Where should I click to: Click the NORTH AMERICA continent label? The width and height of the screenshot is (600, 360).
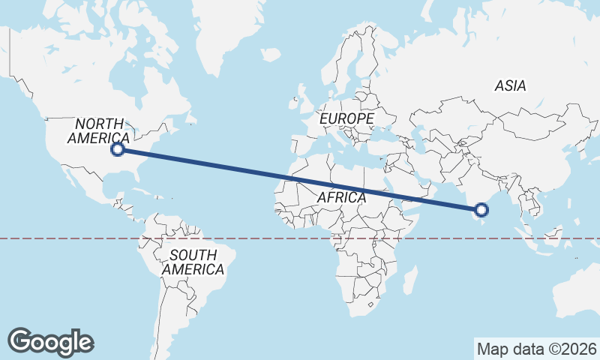point(98,131)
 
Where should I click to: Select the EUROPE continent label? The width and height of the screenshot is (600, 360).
point(346,119)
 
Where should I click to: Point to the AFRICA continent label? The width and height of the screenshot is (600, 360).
point(341,197)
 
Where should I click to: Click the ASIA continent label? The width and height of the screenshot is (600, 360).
point(510,86)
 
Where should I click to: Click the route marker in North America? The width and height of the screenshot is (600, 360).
point(117,149)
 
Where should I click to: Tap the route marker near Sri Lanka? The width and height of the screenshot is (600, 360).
point(481,210)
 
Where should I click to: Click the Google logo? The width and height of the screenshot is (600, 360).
point(51,342)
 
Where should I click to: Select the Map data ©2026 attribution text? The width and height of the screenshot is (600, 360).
point(536,349)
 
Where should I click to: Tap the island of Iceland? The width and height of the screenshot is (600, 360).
point(270,55)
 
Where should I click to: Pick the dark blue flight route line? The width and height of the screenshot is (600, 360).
point(300,180)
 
